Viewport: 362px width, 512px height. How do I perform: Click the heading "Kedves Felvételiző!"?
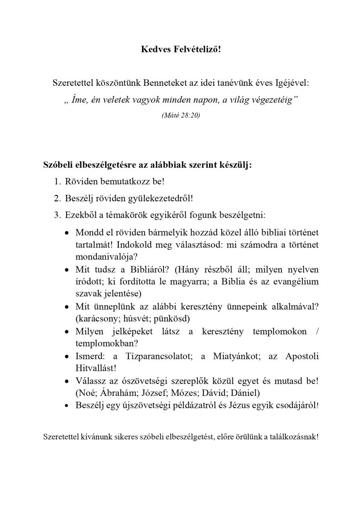(x=181, y=49)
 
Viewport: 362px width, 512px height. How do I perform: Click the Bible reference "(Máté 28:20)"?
(x=181, y=116)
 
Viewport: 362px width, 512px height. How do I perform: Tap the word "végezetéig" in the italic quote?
(x=276, y=100)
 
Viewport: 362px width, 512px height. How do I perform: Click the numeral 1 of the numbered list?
(x=57, y=181)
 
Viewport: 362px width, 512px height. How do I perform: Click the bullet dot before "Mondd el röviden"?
(x=66, y=233)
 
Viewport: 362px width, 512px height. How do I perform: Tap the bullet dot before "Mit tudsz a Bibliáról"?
(x=66, y=271)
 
